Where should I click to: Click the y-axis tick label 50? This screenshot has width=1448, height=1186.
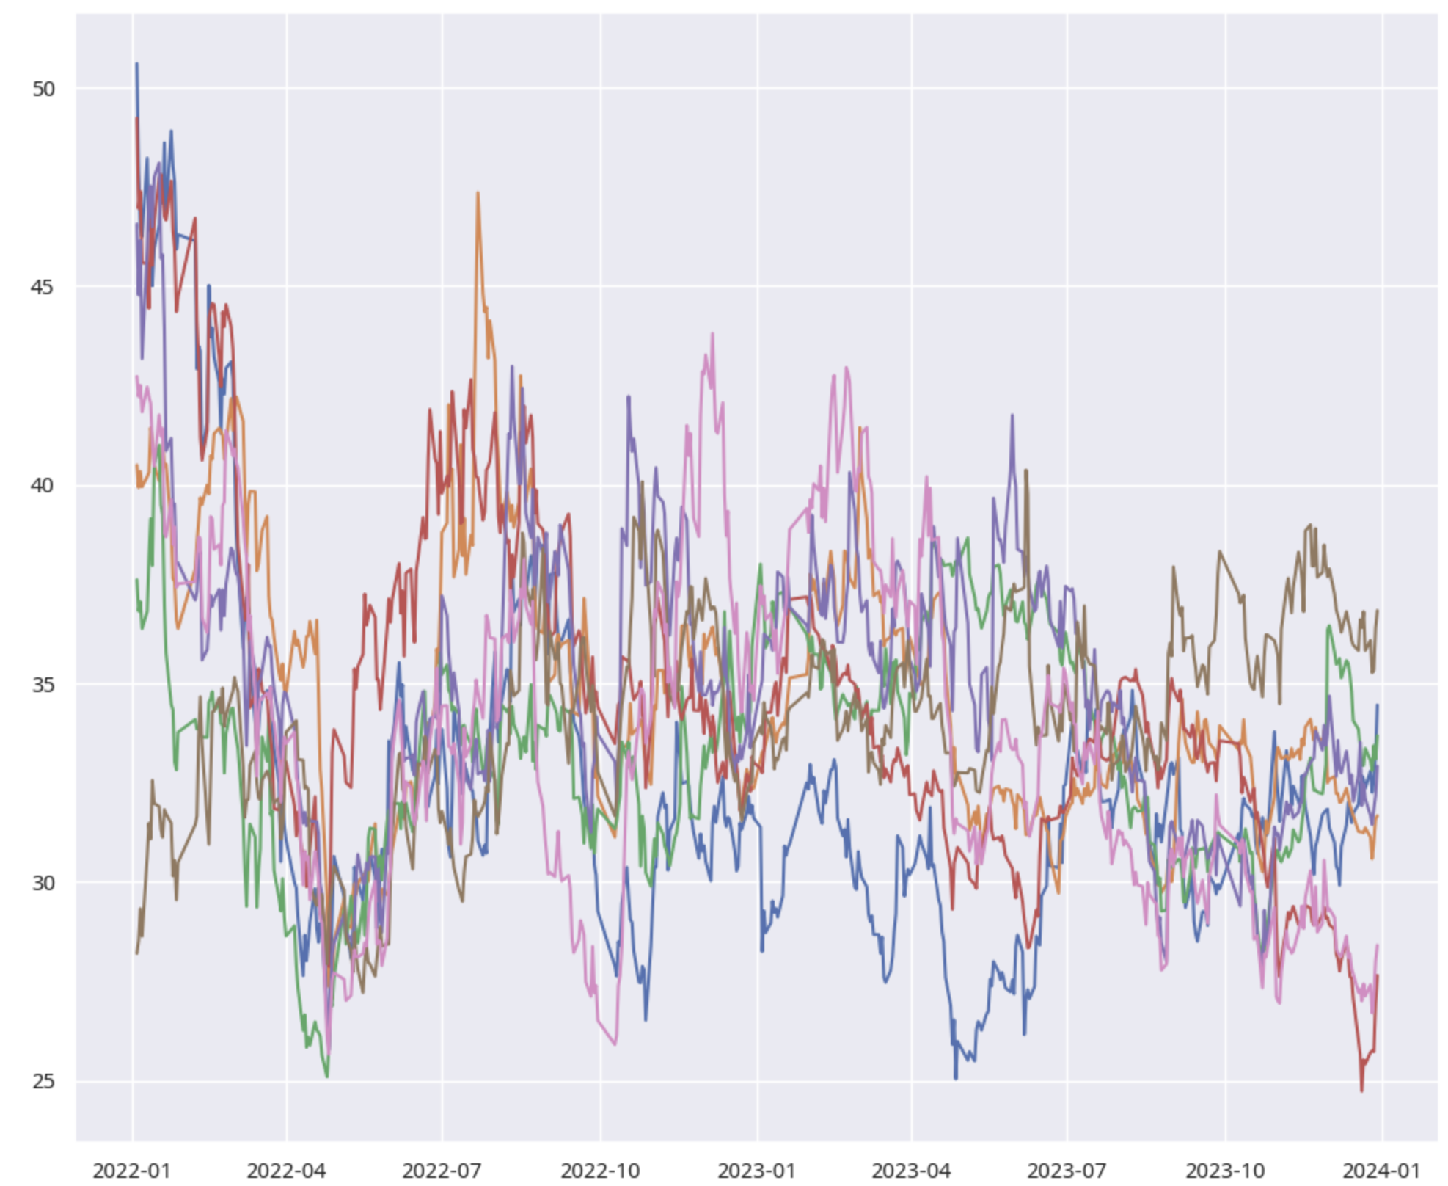(43, 89)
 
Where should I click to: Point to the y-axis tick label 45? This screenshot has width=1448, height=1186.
(43, 286)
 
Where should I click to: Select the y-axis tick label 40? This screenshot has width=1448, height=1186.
(43, 485)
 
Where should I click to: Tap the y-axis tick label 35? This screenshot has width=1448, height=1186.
(43, 684)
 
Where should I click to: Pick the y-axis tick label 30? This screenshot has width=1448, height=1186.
(43, 882)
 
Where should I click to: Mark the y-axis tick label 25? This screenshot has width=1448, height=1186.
(43, 1081)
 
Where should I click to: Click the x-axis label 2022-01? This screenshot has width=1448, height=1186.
(132, 1170)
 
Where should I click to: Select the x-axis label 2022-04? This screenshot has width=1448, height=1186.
(286, 1170)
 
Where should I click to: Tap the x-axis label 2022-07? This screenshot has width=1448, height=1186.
(442, 1170)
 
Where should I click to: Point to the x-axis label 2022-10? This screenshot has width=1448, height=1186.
(600, 1170)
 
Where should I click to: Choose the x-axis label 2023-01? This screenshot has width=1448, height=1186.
(757, 1170)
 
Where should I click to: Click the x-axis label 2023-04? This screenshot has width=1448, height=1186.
(912, 1170)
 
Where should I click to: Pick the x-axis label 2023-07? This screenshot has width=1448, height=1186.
(1067, 1170)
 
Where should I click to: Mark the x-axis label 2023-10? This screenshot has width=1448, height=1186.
(1225, 1170)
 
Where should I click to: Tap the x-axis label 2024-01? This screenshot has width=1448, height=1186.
(1382, 1170)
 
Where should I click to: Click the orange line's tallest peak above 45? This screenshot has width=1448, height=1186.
(478, 193)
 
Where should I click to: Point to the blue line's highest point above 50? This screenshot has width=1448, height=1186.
(136, 64)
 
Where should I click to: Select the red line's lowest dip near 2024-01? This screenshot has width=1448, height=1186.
(1361, 1091)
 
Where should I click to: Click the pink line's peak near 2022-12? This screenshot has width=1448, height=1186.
(712, 334)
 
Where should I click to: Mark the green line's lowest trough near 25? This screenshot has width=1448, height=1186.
(327, 1077)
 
